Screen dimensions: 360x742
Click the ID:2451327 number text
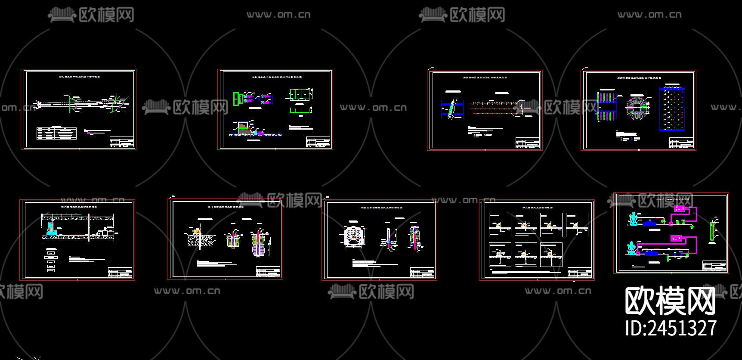[x=671, y=328]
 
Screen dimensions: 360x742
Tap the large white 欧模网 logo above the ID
[x=670, y=301]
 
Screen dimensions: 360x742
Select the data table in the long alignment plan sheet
[x=57, y=133]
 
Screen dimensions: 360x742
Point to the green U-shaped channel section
[x=300, y=111]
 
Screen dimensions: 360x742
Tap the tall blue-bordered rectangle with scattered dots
[x=671, y=109]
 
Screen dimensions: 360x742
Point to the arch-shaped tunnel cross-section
[x=355, y=236]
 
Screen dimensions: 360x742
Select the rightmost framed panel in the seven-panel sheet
[x=577, y=225]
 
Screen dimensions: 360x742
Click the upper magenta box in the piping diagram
[x=680, y=209]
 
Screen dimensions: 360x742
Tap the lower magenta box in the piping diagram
[x=676, y=239]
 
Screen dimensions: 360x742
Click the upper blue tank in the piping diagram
[x=650, y=223]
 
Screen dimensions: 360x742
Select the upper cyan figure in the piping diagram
[x=633, y=219]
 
